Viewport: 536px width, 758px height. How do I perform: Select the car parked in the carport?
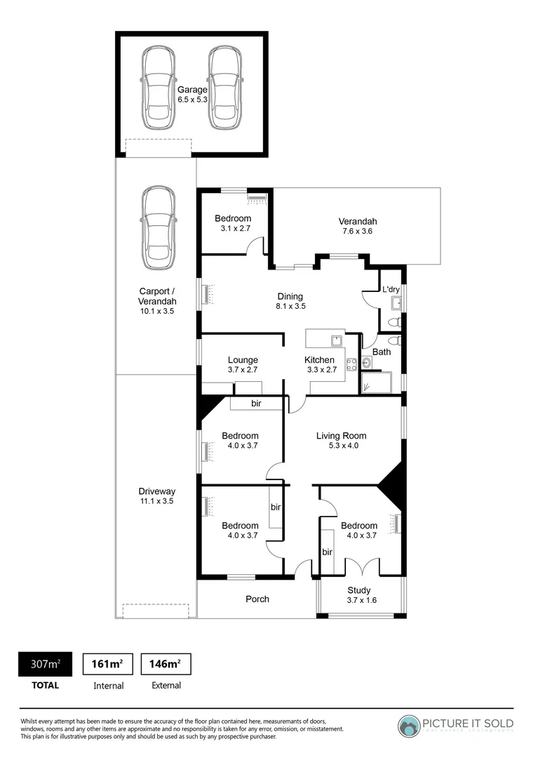pyautogui.click(x=158, y=229)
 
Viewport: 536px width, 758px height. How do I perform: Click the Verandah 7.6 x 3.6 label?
pyautogui.click(x=357, y=226)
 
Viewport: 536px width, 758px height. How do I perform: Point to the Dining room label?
pyautogui.click(x=290, y=300)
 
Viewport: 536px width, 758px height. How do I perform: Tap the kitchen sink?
pyautogui.click(x=337, y=341)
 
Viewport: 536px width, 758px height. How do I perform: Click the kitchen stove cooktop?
pyautogui.click(x=351, y=364)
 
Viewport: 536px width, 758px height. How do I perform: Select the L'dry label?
pyautogui.click(x=390, y=288)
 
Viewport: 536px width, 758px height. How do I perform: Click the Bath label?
pyautogui.click(x=382, y=352)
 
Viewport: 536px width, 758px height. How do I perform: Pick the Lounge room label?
pyautogui.click(x=243, y=365)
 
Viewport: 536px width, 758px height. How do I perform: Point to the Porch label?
pyautogui.click(x=257, y=599)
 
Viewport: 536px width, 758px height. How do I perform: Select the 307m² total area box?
pyautogui.click(x=45, y=663)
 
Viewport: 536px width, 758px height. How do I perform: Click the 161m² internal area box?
pyautogui.click(x=108, y=663)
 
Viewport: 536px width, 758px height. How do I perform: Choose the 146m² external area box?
pyautogui.click(x=166, y=663)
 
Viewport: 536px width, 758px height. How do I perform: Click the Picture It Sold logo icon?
pyautogui.click(x=409, y=725)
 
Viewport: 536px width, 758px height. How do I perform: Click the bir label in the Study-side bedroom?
pyautogui.click(x=327, y=552)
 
